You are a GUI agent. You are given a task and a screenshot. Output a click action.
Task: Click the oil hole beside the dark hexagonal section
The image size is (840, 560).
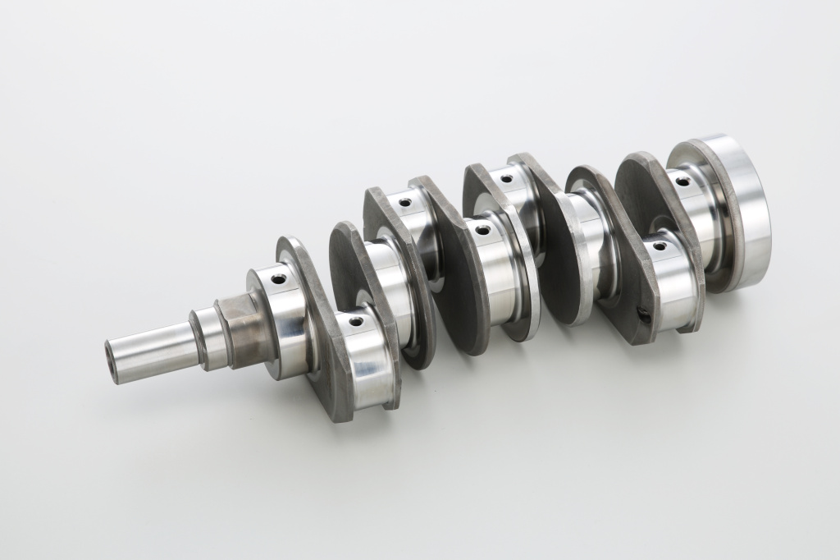279,279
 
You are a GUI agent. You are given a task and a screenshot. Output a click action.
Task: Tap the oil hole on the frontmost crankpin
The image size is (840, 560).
355,321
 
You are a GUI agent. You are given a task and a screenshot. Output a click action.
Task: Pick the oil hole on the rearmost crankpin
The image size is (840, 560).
660,246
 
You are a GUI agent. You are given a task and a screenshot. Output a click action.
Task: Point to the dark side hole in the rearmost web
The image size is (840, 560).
644,314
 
